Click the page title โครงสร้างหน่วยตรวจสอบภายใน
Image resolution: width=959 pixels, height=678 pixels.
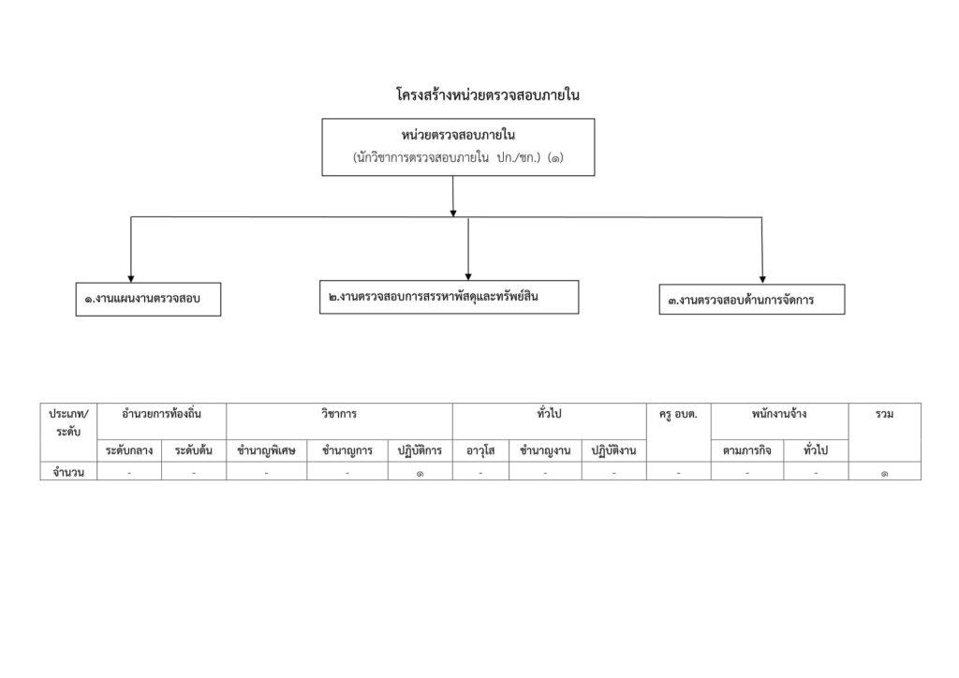(487, 95)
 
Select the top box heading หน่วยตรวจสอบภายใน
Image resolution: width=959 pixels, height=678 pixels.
(458, 135)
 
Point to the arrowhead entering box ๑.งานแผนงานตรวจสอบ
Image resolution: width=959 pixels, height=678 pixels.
(131, 279)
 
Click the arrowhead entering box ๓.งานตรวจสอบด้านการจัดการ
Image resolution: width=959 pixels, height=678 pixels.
(762, 279)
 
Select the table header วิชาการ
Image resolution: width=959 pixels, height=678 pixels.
(339, 414)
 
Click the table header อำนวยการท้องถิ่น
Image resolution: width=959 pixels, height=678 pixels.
(161, 414)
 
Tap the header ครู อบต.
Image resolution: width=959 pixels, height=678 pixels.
(678, 415)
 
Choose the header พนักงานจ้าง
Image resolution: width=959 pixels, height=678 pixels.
(779, 414)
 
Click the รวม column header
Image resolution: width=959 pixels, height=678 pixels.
(884, 414)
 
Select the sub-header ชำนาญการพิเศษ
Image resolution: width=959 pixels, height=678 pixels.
(266, 451)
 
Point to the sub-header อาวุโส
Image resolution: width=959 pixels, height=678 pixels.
(480, 451)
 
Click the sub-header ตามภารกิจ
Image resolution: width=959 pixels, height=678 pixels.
(746, 451)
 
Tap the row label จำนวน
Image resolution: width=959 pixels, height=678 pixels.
(68, 472)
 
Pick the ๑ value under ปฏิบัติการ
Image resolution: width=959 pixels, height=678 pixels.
(420, 473)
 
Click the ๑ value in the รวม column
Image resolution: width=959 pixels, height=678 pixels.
(884, 473)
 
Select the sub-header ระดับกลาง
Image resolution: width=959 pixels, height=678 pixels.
(129, 451)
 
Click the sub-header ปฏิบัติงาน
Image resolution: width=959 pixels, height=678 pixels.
(613, 451)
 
